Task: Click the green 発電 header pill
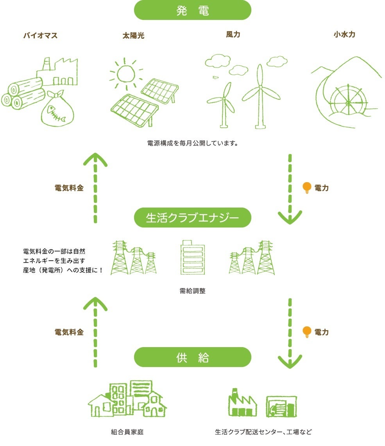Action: coord(192,10)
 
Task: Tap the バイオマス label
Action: coord(40,36)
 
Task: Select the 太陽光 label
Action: coord(133,36)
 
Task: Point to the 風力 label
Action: coord(233,34)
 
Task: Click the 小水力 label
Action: coord(344,34)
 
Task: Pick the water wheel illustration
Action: coord(347,102)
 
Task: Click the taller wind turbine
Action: coord(260,95)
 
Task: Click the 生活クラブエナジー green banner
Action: coord(192,218)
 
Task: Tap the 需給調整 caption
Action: coord(192,291)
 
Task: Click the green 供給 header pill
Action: coord(192,357)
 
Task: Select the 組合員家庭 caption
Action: coord(127,432)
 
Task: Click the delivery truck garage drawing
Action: coord(281,407)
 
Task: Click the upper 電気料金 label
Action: coord(69,188)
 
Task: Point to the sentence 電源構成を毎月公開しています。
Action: coord(193,143)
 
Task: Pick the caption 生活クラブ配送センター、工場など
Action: coord(264,432)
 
